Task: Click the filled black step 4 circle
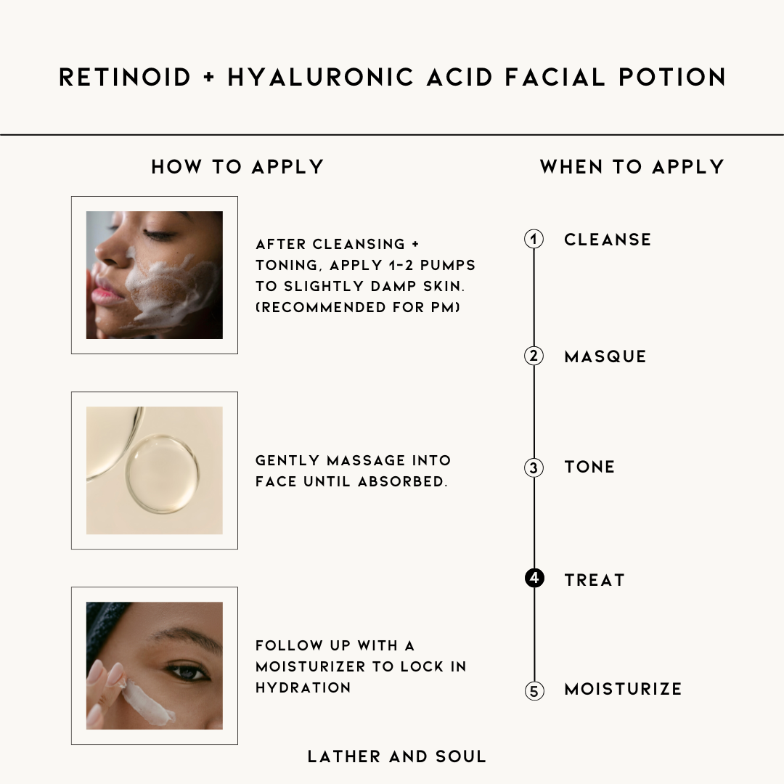click(534, 578)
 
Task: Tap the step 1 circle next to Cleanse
click(534, 239)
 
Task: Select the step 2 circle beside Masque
click(534, 356)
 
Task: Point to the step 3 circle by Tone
click(534, 467)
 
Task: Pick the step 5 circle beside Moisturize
click(534, 690)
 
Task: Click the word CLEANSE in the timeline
click(608, 240)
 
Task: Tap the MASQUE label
click(605, 356)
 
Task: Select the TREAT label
click(595, 580)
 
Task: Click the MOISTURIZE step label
click(623, 689)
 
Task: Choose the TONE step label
click(589, 467)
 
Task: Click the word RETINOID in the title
click(125, 78)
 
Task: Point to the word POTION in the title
click(672, 78)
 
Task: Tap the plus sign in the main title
click(210, 78)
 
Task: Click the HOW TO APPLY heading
click(237, 166)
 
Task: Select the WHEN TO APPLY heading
click(632, 166)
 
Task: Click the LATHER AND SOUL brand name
click(397, 756)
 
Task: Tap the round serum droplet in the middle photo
click(163, 473)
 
